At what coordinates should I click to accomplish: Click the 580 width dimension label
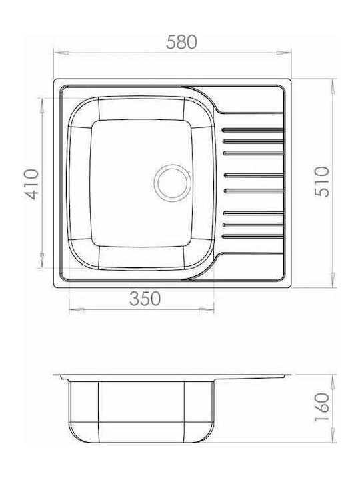click(x=181, y=42)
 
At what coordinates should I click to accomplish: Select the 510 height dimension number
click(x=323, y=182)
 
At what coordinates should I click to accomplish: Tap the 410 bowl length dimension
click(x=32, y=184)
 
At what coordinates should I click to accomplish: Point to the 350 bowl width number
click(x=145, y=299)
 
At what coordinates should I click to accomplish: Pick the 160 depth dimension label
click(x=323, y=407)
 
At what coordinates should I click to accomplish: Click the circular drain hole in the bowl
click(x=173, y=183)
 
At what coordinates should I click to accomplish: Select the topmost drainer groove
click(x=253, y=130)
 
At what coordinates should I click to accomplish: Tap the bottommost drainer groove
click(x=253, y=236)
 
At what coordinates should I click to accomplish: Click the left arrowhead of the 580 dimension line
click(x=61, y=53)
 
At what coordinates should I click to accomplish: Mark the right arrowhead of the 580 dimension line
click(x=284, y=53)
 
